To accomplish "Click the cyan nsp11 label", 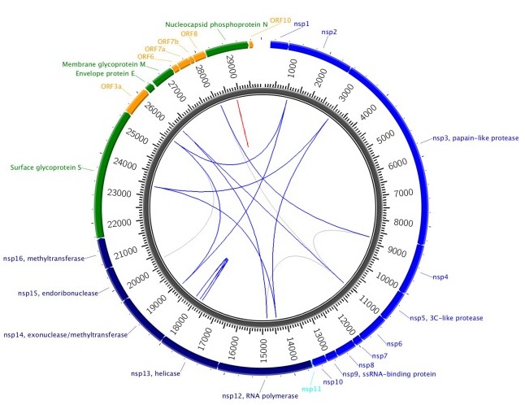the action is pyautogui.click(x=311, y=389).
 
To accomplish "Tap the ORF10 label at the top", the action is pyautogui.click(x=280, y=20).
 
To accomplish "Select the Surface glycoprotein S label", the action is pyautogui.click(x=46, y=168).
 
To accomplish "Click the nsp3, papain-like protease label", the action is pyautogui.click(x=475, y=138).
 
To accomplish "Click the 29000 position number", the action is pyautogui.click(x=232, y=67).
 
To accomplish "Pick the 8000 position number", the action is pyautogui.click(x=403, y=223).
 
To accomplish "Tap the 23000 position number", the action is pyautogui.click(x=119, y=194).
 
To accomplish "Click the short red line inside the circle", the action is pyautogui.click(x=242, y=123).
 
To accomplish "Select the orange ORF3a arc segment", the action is pyautogui.click(x=137, y=102).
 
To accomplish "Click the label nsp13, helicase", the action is pyautogui.click(x=155, y=373).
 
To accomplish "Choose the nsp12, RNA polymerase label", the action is pyautogui.click(x=260, y=396).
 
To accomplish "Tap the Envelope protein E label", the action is pyautogui.click(x=105, y=73).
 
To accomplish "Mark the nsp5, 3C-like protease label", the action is pyautogui.click(x=446, y=318).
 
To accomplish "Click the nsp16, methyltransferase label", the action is pyautogui.click(x=44, y=259).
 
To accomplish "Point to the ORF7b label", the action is pyautogui.click(x=168, y=41).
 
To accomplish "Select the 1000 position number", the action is pyautogui.click(x=292, y=68).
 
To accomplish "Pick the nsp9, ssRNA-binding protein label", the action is pyautogui.click(x=389, y=374).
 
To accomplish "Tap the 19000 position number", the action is pyautogui.click(x=156, y=304).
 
